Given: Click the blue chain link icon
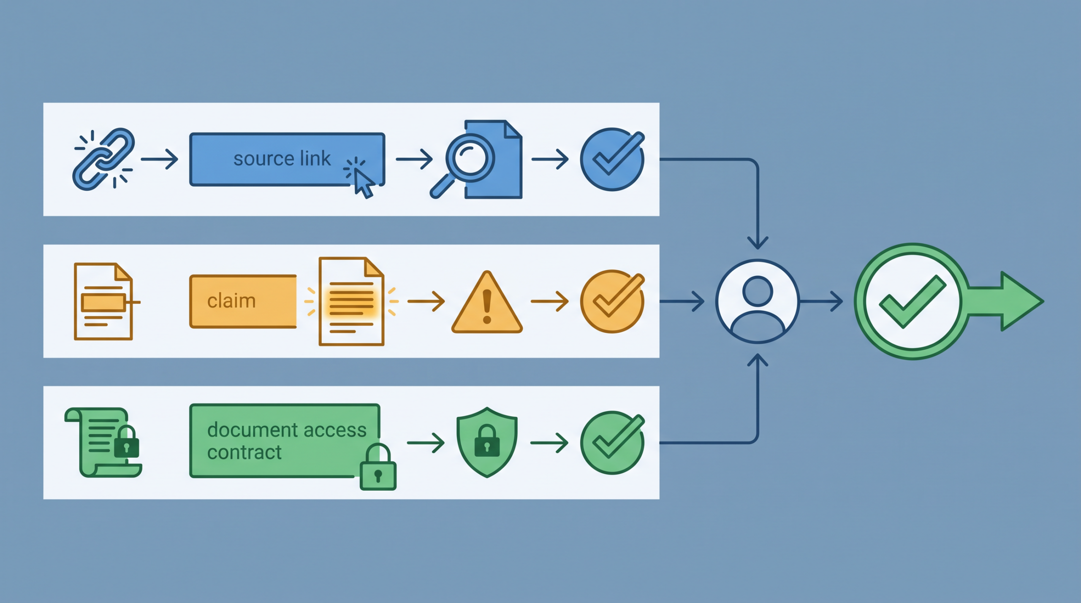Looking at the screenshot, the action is [x=103, y=159].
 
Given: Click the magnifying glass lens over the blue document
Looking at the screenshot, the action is [x=470, y=158].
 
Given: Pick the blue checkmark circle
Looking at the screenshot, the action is [x=612, y=160].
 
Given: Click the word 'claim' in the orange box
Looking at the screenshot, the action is [x=231, y=301].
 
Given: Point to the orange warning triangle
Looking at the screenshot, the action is [x=487, y=302].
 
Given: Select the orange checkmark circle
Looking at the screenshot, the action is [x=612, y=301].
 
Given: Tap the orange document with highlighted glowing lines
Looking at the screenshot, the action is [x=351, y=301].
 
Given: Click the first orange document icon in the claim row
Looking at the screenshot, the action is [x=103, y=301].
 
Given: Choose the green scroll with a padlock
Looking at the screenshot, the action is [x=103, y=443].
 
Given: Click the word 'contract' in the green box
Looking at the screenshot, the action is [x=244, y=452].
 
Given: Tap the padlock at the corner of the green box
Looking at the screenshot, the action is [x=378, y=467].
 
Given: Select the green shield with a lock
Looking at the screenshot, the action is [x=487, y=443].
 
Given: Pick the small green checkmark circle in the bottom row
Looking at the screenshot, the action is [x=612, y=443].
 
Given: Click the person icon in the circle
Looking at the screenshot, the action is [x=758, y=301].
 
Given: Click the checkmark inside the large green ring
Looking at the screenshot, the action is [x=912, y=301].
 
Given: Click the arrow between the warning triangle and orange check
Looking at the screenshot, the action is [x=549, y=301].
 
